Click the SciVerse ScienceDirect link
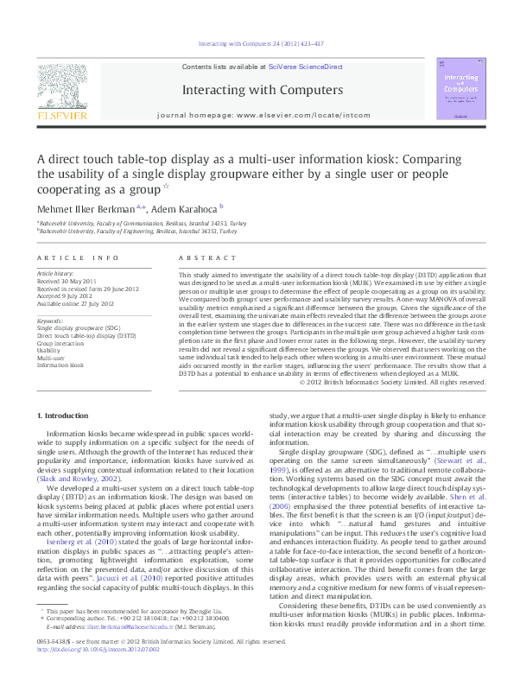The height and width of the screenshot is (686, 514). click(306, 67)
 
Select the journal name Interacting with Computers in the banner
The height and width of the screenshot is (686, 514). click(262, 89)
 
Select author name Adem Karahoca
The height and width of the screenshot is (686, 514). click(187, 208)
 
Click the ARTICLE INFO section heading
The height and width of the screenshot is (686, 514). click(77, 258)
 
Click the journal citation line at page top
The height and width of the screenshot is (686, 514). click(260, 43)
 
